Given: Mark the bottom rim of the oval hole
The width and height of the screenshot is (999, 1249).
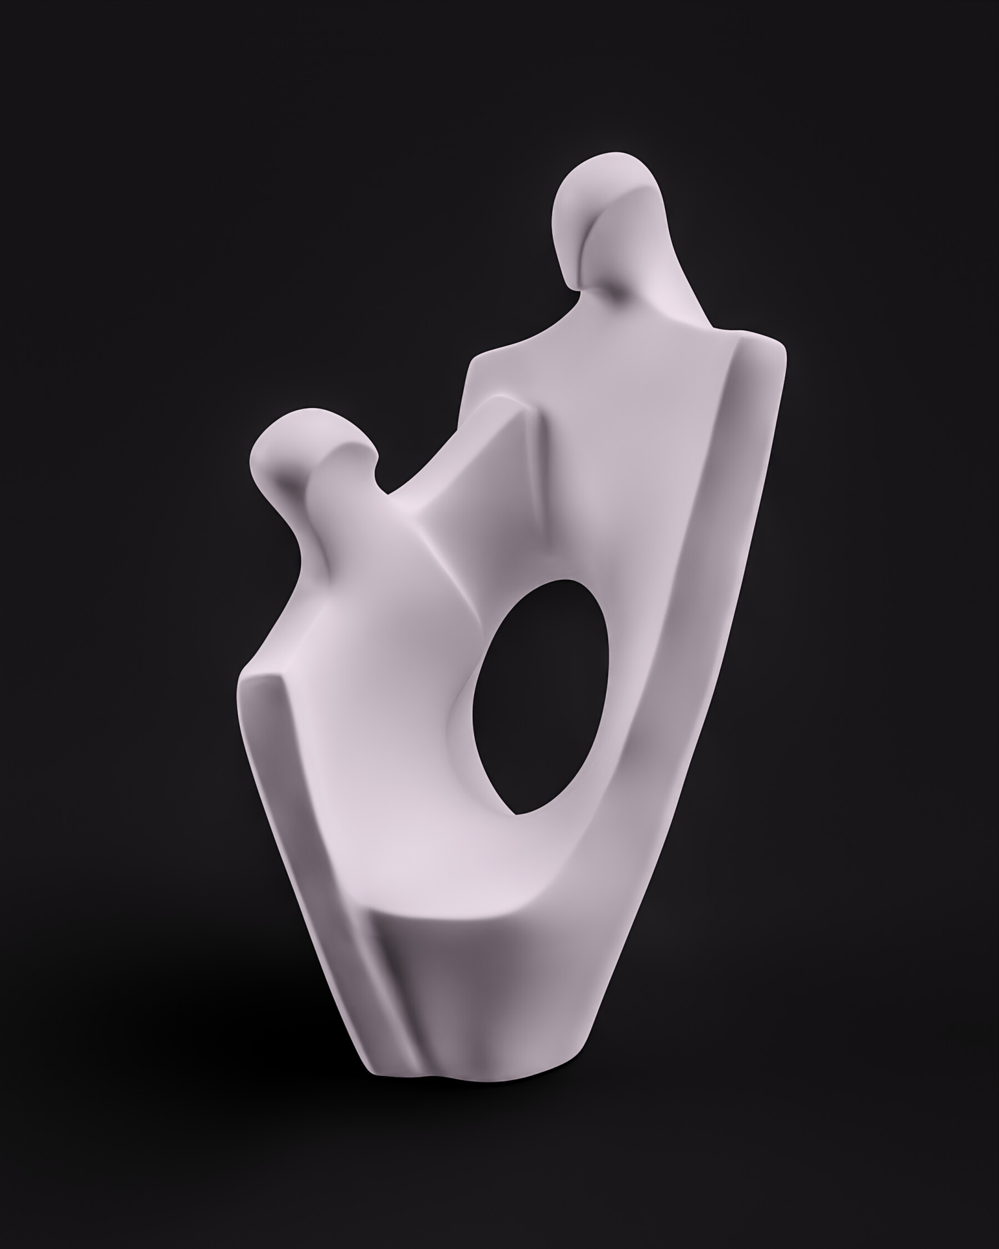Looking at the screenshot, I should (x=521, y=811).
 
